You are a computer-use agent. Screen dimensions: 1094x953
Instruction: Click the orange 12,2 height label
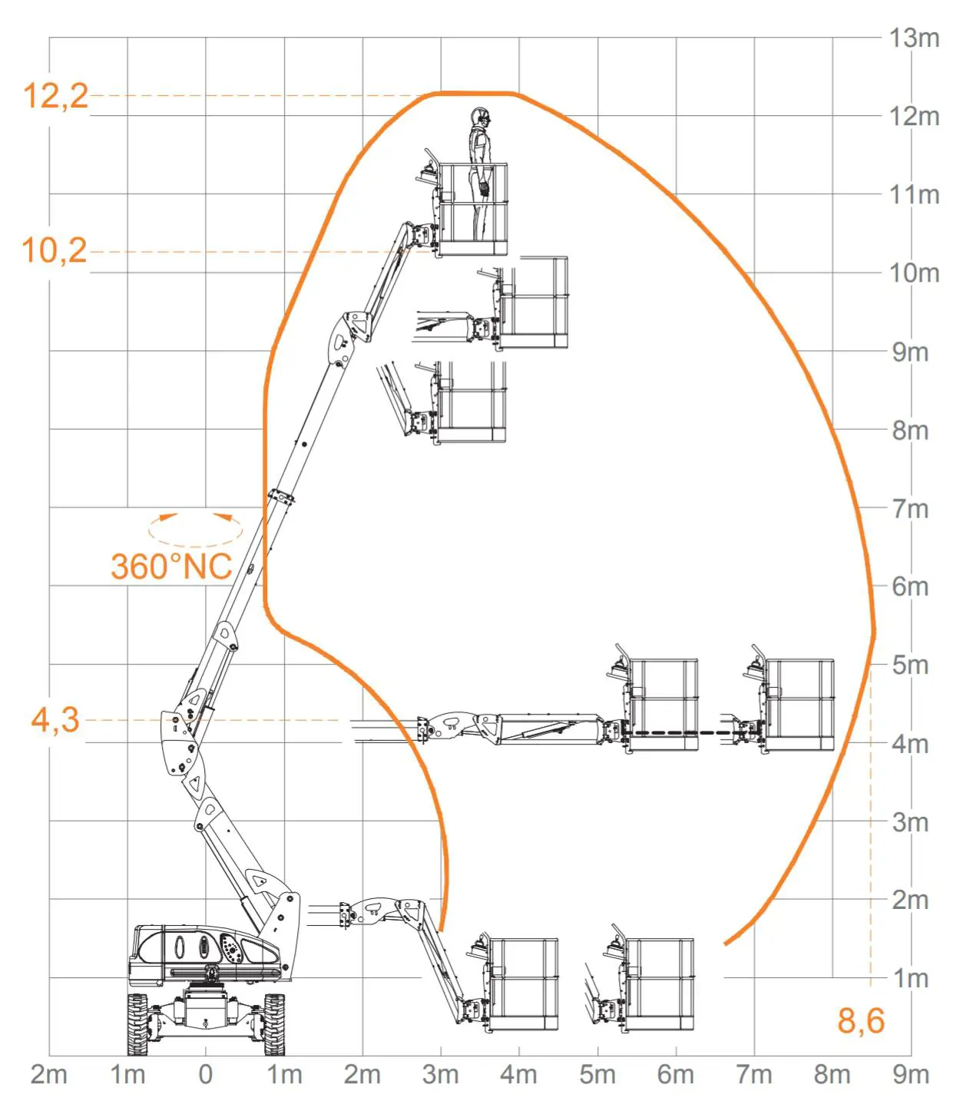(55, 96)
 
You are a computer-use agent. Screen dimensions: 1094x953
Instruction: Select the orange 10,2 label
(54, 251)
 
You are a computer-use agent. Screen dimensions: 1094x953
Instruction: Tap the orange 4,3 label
(55, 720)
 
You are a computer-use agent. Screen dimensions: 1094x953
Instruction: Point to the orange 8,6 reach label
(860, 1021)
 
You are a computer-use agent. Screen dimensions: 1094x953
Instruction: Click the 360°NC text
(170, 567)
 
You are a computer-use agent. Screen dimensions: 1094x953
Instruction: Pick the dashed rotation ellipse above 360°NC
(195, 528)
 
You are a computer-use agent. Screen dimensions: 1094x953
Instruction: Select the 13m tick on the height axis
(914, 38)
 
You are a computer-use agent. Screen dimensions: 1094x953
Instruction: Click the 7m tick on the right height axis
(910, 508)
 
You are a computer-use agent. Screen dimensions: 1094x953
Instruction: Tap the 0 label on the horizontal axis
(206, 1074)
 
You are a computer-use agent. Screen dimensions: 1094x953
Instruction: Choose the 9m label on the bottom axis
(911, 1074)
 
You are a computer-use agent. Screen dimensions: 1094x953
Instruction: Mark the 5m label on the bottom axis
(597, 1074)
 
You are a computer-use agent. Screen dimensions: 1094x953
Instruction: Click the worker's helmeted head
(481, 117)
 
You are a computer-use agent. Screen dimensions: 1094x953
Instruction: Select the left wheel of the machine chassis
(138, 1024)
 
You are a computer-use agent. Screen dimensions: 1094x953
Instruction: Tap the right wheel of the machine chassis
(274, 1024)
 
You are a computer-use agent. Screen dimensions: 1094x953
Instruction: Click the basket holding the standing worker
(472, 210)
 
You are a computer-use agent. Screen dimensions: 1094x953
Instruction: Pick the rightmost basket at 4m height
(799, 705)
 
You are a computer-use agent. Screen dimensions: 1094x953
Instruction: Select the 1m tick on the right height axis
(911, 978)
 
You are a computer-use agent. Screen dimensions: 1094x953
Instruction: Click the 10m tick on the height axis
(914, 273)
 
